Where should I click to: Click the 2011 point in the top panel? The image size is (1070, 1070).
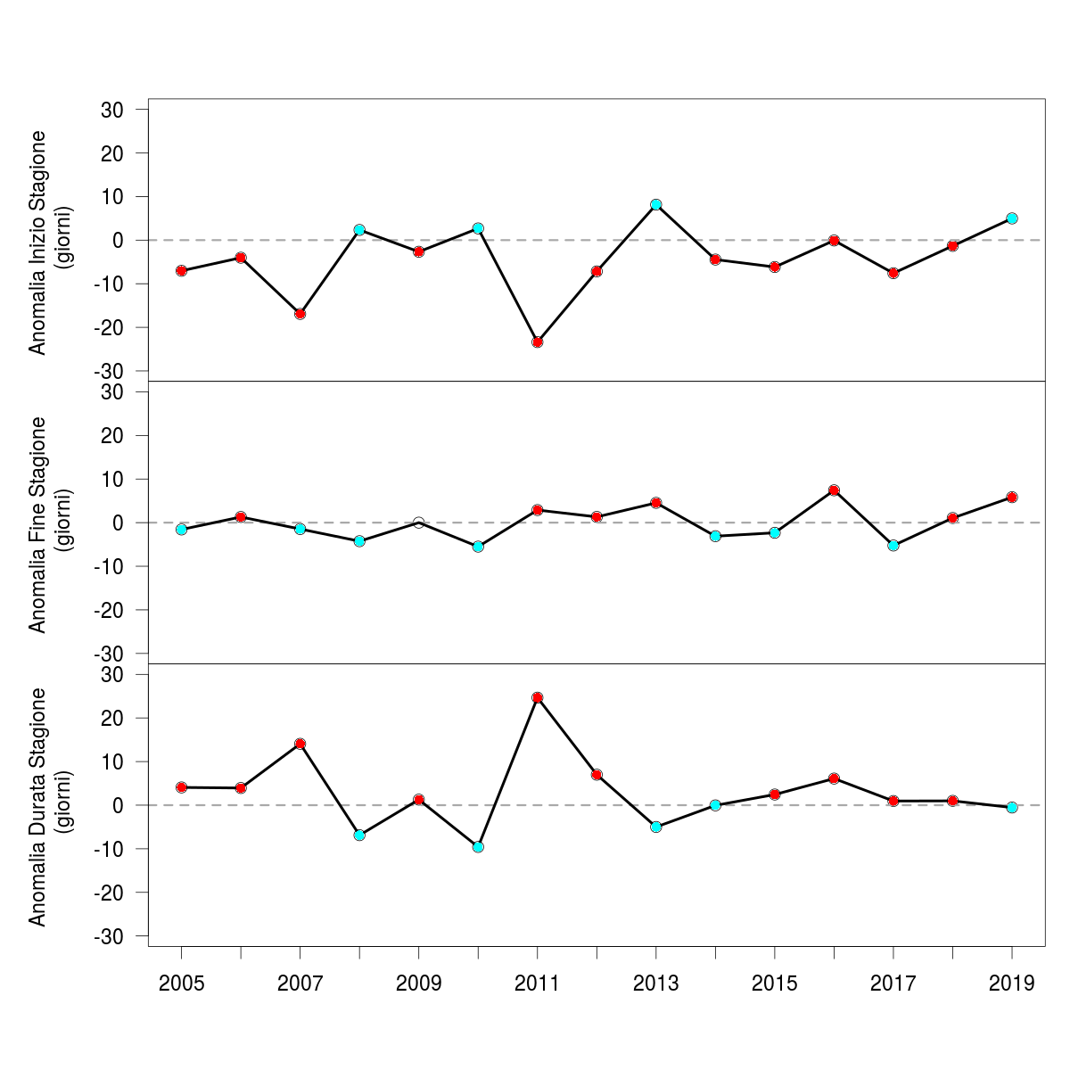537,342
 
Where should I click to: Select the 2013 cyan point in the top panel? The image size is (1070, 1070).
655,204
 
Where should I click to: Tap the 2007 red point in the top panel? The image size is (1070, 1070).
300,314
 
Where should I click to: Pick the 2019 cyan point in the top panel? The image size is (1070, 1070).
1012,218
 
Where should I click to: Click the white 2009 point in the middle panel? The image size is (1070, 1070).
418,523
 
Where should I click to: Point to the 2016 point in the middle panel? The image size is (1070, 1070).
834,490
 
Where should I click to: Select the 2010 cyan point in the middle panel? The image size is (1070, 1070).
478,547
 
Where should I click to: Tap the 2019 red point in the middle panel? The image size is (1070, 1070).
1012,497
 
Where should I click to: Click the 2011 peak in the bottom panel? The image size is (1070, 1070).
537,697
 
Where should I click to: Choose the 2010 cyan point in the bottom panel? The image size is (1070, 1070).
478,847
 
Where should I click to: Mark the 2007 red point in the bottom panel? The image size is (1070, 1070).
300,744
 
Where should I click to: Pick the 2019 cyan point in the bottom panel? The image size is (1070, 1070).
1012,807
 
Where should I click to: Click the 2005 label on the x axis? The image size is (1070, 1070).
181,984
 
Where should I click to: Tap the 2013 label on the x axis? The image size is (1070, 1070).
655,984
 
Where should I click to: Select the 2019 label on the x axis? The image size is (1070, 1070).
1012,984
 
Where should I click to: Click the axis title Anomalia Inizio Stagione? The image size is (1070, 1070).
37,243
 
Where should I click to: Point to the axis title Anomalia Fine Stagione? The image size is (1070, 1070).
37,523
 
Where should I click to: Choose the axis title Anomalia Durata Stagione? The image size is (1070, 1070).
37,806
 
